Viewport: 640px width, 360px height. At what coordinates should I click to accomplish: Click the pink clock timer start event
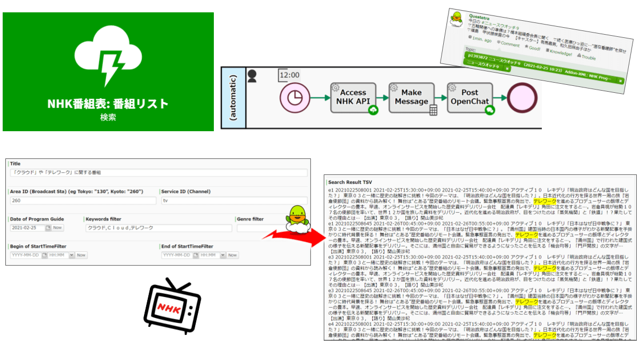(x=294, y=98)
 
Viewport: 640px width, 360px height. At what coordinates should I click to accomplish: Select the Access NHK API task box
(x=354, y=98)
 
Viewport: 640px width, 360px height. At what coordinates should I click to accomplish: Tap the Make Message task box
(x=411, y=98)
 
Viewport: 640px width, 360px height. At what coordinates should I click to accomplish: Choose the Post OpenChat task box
(x=468, y=98)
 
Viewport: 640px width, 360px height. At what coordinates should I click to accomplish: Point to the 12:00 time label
(x=289, y=75)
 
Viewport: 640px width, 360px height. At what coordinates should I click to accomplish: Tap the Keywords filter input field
(x=158, y=228)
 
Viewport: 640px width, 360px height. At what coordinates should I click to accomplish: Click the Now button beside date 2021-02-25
(x=57, y=228)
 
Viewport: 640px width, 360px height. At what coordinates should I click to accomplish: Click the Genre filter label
(x=250, y=219)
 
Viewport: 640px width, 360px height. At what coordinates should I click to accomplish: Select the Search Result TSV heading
(x=350, y=182)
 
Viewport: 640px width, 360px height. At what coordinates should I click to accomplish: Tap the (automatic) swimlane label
(x=234, y=98)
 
